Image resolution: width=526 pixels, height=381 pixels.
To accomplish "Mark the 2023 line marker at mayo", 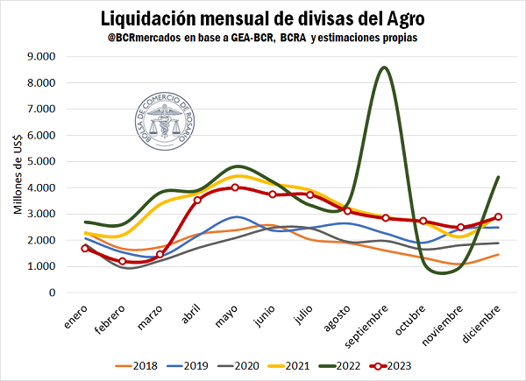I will (x=235, y=187).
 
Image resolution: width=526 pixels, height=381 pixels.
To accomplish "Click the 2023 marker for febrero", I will (x=123, y=261).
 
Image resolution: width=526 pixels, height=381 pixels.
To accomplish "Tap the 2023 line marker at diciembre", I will (x=498, y=216).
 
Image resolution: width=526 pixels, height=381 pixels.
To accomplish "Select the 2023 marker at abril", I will (x=197, y=200).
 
